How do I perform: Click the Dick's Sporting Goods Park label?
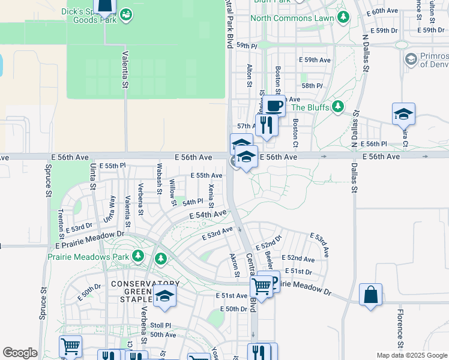90,16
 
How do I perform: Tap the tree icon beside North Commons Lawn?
343,18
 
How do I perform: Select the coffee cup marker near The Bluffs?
274,107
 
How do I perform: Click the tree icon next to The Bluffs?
338,107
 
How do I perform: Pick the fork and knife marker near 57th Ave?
266,125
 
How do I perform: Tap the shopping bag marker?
370,295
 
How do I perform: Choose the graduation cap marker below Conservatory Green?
164,296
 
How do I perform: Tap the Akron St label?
235,265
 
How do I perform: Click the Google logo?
20,353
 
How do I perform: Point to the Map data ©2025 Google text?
411,355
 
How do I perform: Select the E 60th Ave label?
385,11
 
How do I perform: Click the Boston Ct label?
295,133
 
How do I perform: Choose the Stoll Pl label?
160,325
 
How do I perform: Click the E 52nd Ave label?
298,259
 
